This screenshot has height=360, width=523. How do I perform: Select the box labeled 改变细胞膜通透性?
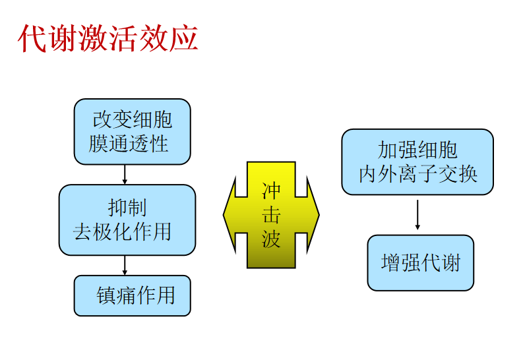[132, 131]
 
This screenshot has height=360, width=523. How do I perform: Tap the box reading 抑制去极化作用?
[127, 220]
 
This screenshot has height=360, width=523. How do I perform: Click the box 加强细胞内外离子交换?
[417, 162]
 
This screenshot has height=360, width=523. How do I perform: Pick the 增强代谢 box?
[420, 262]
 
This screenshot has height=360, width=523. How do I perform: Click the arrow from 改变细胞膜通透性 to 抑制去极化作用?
[125, 175]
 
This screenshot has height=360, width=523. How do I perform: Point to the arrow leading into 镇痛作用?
[125, 265]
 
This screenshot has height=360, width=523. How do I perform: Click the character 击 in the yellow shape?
[271, 215]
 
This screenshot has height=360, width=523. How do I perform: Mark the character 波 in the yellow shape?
[271, 238]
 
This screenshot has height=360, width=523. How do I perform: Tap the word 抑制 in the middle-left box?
[127, 208]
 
